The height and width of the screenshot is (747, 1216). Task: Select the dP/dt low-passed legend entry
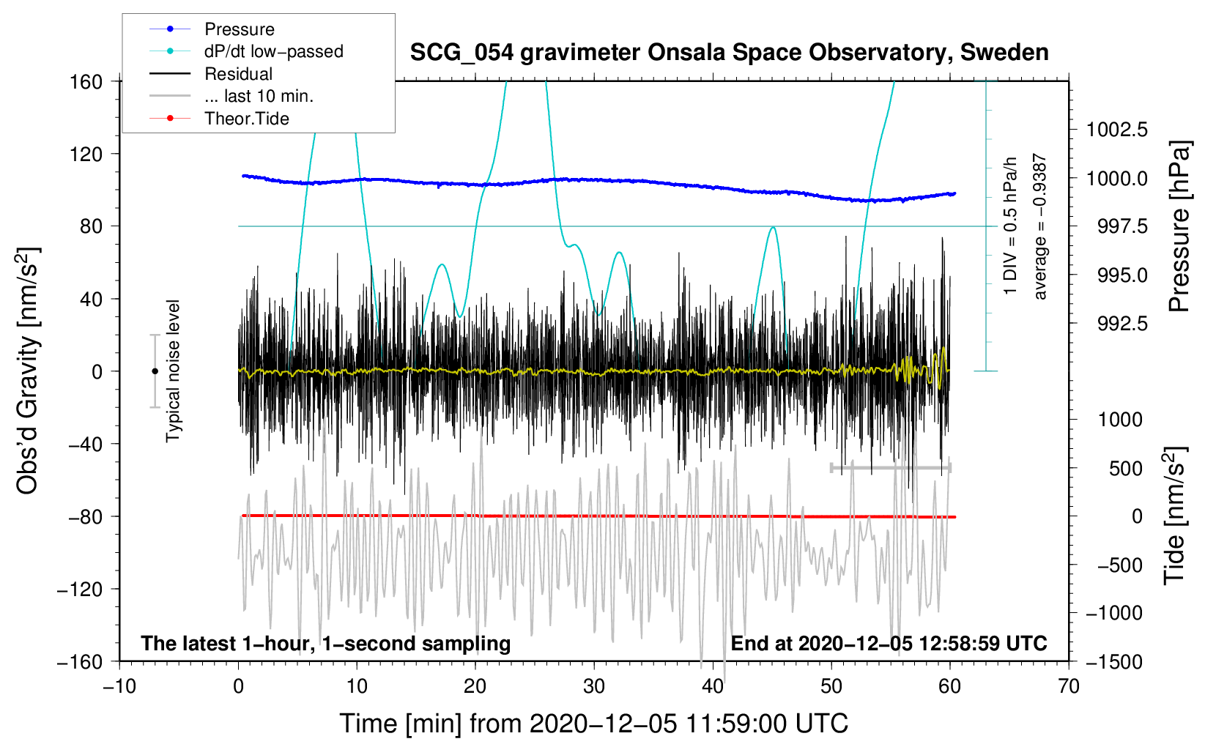[273, 51]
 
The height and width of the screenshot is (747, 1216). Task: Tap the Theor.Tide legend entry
[246, 119]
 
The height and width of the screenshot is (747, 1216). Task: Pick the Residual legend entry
[238, 74]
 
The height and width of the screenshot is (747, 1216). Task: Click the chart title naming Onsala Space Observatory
[729, 53]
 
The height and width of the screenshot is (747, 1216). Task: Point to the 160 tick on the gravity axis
[86, 81]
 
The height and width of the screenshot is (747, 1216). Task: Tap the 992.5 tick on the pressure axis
[1117, 324]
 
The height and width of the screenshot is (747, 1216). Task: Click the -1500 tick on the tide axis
[1114, 661]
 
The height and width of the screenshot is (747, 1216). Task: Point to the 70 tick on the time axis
[1069, 686]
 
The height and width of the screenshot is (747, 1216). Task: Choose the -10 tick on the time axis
[119, 686]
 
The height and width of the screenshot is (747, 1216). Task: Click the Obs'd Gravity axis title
[28, 371]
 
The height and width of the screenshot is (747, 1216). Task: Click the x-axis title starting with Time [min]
[594, 724]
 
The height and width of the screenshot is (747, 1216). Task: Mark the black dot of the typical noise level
[155, 371]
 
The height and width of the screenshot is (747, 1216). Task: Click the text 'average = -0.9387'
[1040, 227]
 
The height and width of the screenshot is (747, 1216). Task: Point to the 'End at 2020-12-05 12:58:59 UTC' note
[889, 643]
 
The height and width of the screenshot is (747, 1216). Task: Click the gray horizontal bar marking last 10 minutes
[890, 467]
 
